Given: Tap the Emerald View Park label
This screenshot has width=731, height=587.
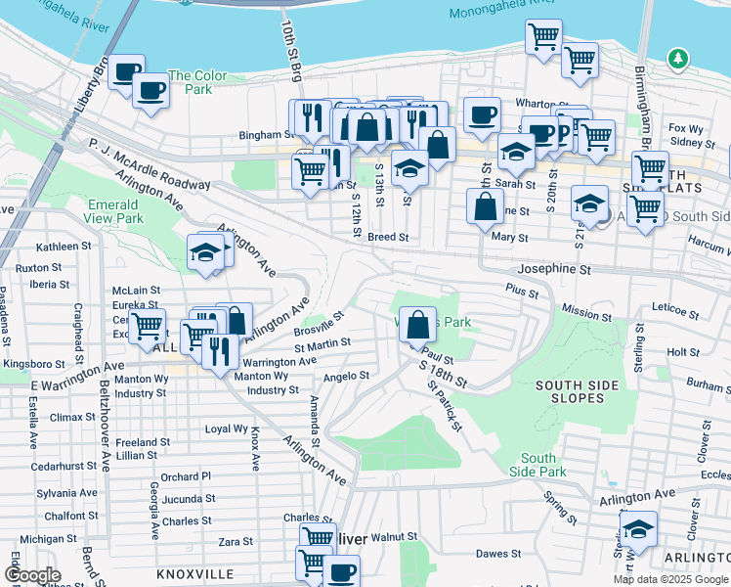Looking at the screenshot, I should point(114,211).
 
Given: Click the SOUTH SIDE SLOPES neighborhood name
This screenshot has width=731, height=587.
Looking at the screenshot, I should point(577,393).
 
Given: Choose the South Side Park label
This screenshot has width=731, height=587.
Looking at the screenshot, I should point(537,465).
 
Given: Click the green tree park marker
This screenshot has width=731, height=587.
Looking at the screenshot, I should point(677,61).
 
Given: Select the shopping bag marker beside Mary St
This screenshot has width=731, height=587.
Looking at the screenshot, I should point(486,207).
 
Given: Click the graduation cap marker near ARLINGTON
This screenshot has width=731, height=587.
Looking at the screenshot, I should point(639,529).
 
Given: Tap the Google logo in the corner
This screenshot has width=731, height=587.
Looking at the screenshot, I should point(31,575).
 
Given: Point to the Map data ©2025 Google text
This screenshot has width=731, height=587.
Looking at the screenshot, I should point(670,579).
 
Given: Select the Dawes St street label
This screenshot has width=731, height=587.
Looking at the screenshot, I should point(497,554).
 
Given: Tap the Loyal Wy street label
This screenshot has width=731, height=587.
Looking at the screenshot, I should point(225,429).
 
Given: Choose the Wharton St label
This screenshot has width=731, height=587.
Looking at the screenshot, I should point(535,102).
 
